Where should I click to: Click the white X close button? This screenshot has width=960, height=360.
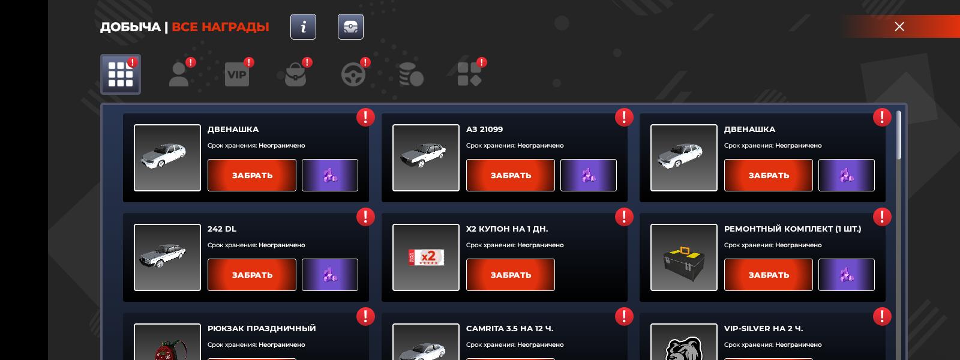pyautogui.click(x=899, y=26)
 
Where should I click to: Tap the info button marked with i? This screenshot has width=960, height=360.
pyautogui.click(x=303, y=26)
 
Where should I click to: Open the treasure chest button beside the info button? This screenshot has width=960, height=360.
pyautogui.click(x=350, y=26)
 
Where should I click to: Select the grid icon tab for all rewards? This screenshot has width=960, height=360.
pyautogui.click(x=121, y=74)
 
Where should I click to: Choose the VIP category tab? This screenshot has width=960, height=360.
pyautogui.click(x=237, y=74)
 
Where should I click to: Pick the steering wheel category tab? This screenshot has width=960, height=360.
pyautogui.click(x=353, y=74)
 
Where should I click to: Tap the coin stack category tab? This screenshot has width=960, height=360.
pyautogui.click(x=411, y=74)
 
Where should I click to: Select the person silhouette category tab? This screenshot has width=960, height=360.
pyautogui.click(x=179, y=74)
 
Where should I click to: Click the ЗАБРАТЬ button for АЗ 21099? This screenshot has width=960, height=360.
pyautogui.click(x=511, y=175)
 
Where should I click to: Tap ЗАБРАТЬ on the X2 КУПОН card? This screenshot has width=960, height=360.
pyautogui.click(x=511, y=275)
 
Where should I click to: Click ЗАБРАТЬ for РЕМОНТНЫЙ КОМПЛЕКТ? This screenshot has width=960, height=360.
pyautogui.click(x=769, y=275)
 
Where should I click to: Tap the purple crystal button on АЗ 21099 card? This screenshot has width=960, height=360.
pyautogui.click(x=589, y=175)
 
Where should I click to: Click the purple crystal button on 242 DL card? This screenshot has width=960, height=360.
pyautogui.click(x=330, y=275)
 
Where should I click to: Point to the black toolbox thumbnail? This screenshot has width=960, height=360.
pyautogui.click(x=683, y=257)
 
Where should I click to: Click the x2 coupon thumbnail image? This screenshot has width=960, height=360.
pyautogui.click(x=426, y=257)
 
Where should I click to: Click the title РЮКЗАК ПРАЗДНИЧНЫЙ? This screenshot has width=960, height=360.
pyautogui.click(x=262, y=328)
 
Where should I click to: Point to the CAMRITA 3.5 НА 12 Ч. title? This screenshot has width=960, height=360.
pyautogui.click(x=509, y=328)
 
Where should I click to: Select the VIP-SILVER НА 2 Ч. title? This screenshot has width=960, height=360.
pyautogui.click(x=763, y=328)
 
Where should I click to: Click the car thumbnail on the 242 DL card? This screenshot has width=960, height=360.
pyautogui.click(x=167, y=257)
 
